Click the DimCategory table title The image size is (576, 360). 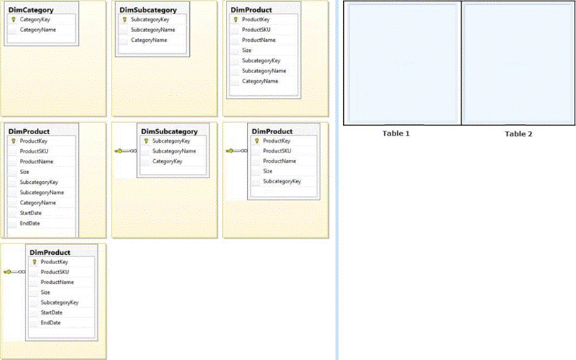pos(31,10)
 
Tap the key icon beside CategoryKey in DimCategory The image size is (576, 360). pos(13,19)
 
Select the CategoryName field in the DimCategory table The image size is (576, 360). pos(38,30)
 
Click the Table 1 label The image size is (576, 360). pos(396,133)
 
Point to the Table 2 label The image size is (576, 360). pos(518,133)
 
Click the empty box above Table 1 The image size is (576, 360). pos(402,62)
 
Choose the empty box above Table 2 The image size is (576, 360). pos(518,62)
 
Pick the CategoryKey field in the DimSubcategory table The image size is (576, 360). pos(167,161)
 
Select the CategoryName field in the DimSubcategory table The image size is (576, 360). pos(148,40)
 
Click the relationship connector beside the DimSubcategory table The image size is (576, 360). pos(126,151)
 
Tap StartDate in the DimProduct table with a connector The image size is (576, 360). pos(51,312)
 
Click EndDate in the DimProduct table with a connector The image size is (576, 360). pos(50,322)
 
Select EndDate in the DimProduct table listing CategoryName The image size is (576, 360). pos(30,223)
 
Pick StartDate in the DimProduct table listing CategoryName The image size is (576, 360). pos(31,213)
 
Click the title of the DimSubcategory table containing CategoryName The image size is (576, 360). pos(148,10)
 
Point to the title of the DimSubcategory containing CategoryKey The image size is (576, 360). pos(169,131)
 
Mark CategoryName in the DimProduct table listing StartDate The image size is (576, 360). pos(38,202)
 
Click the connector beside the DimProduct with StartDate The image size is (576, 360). pos(14,272)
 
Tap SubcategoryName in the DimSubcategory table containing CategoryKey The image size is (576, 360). pos(174,151)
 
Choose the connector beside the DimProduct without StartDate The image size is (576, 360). pos(237,151)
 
